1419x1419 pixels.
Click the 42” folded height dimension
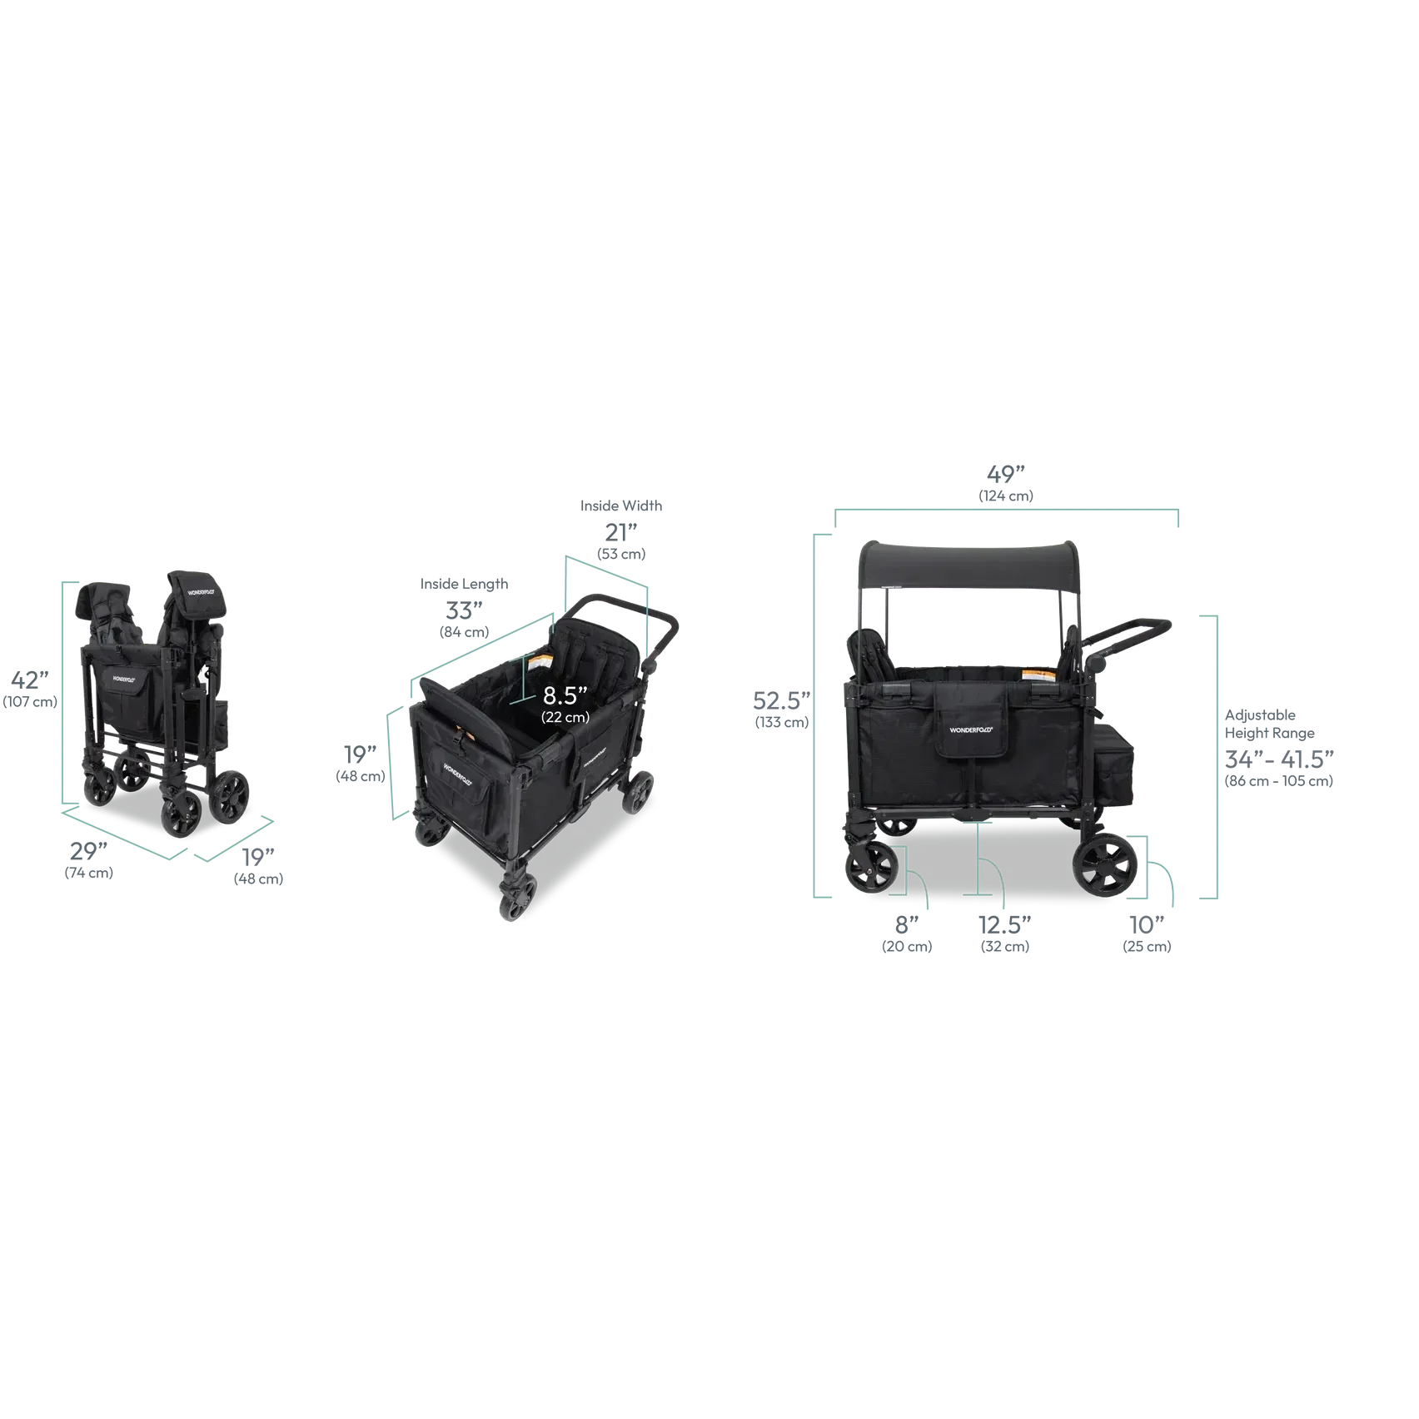(x=30, y=680)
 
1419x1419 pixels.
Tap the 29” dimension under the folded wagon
(x=88, y=850)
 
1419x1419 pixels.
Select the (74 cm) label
(x=89, y=873)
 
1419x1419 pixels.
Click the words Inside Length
(x=464, y=584)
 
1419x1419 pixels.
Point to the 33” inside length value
(x=464, y=610)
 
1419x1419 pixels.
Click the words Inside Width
(x=621, y=505)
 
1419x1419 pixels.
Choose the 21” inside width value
(x=621, y=531)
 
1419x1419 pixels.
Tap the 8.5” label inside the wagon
(x=565, y=695)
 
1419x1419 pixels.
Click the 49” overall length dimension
(x=1006, y=474)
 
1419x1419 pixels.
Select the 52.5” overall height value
(x=782, y=700)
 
